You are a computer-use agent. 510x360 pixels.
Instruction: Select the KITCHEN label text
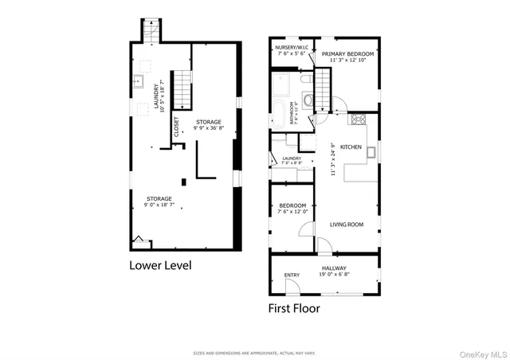pyautogui.click(x=351, y=147)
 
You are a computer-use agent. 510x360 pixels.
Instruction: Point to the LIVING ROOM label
pyautogui.click(x=347, y=225)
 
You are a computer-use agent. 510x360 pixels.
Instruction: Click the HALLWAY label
pyautogui.click(x=334, y=268)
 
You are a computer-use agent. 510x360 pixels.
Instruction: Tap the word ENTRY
pyautogui.click(x=292, y=276)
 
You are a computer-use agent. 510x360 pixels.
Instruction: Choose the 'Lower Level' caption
pyautogui.click(x=160, y=265)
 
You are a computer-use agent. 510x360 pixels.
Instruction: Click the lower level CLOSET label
pyautogui.click(x=177, y=132)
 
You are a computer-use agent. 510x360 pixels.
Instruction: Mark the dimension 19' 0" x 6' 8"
pyautogui.click(x=334, y=273)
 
